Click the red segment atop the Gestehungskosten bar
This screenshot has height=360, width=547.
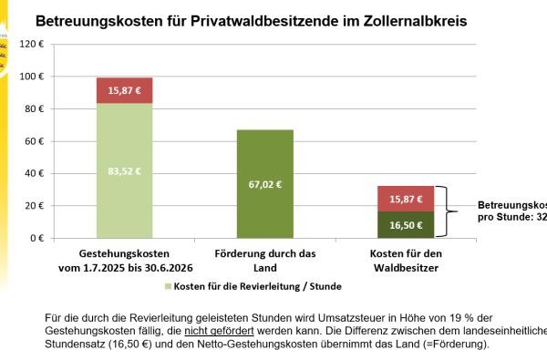[x=125, y=90]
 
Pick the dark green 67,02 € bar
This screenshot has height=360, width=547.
[x=265, y=183]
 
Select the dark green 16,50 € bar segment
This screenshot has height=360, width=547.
[x=406, y=225]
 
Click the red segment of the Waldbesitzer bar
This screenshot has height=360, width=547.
[x=406, y=199]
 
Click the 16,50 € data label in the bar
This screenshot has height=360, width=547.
[x=406, y=225]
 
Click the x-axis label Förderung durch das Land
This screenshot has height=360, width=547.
[x=265, y=262]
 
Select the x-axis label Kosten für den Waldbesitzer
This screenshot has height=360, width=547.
[x=406, y=262]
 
